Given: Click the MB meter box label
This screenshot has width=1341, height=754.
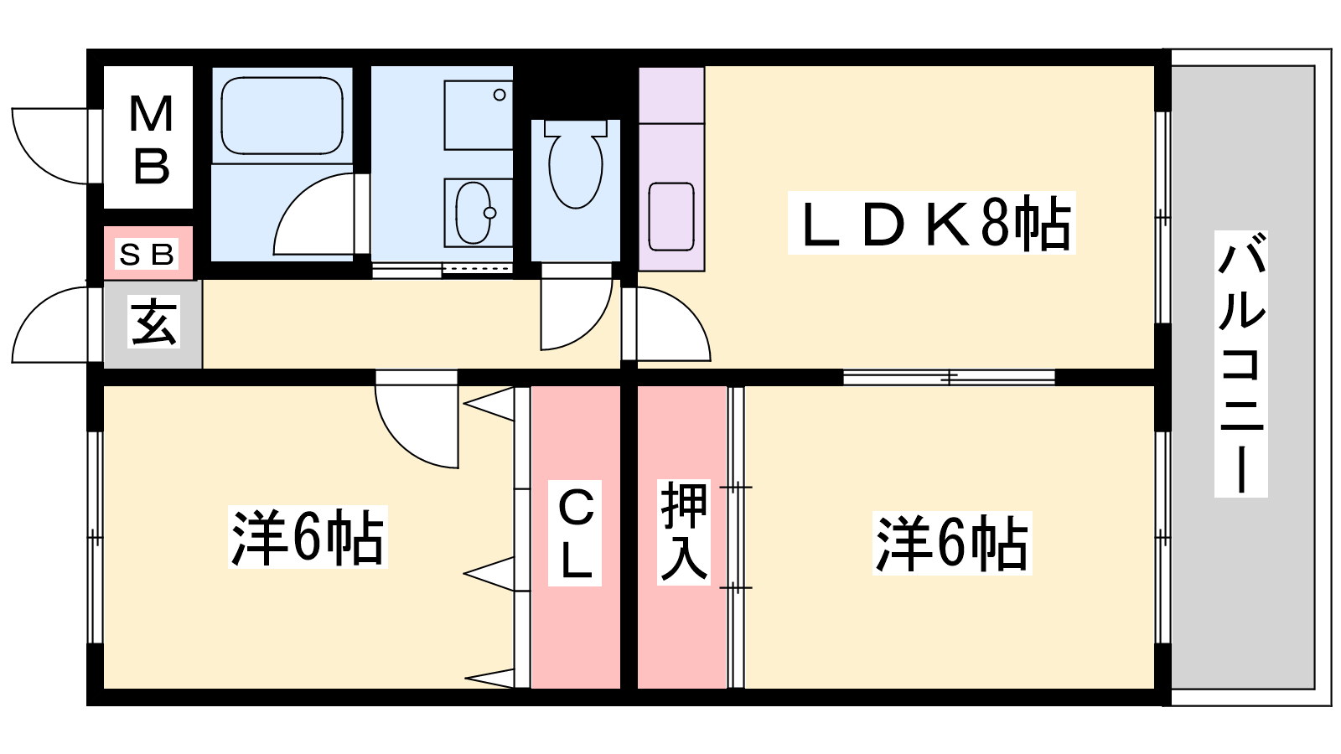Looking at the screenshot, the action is [151, 139].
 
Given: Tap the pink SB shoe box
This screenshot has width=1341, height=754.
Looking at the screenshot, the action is [148, 252].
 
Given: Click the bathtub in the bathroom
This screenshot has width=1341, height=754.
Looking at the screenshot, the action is [282, 116].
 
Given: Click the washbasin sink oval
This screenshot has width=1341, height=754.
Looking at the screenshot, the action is [474, 213].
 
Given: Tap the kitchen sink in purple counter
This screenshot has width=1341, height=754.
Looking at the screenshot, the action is [671, 217].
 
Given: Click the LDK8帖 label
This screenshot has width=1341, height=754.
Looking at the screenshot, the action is [931, 223].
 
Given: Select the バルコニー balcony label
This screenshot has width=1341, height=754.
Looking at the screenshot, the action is [1241, 364].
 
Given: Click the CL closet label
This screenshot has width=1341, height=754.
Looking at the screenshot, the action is [575, 533].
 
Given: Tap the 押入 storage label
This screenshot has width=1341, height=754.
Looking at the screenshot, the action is [684, 532].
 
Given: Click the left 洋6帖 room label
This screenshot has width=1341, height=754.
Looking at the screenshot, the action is [308, 537].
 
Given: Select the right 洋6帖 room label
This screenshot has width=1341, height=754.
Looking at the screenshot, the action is [952, 543].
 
